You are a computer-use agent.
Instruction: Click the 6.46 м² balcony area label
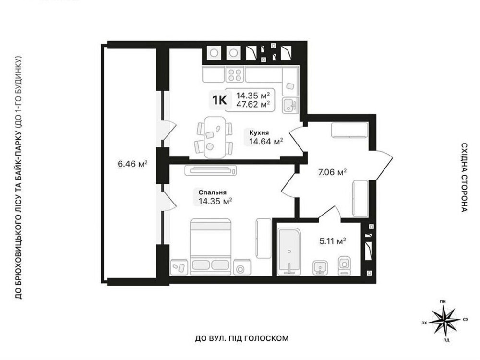pos(132,164)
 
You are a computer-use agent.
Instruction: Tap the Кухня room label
pos(259,133)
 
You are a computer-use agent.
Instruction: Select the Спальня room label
pos(213,192)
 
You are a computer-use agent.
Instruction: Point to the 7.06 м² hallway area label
pos(332,172)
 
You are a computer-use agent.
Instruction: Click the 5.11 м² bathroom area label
pos(333,241)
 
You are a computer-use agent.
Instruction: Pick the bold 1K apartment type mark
pos(219,100)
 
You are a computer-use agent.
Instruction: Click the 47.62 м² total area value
pos(253,104)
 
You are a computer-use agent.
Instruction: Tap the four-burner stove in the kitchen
pos(235,75)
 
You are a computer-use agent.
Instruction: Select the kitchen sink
pos(289,105)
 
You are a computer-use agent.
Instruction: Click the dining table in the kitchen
pos(214,137)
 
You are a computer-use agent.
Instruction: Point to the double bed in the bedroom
pos(210,246)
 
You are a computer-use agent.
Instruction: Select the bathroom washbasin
pos(320,268)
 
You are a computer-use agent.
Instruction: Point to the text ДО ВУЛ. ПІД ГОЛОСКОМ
pos(242,338)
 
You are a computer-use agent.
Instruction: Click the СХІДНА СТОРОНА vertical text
pos(464,177)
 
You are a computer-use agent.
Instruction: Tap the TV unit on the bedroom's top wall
pos(211,170)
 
